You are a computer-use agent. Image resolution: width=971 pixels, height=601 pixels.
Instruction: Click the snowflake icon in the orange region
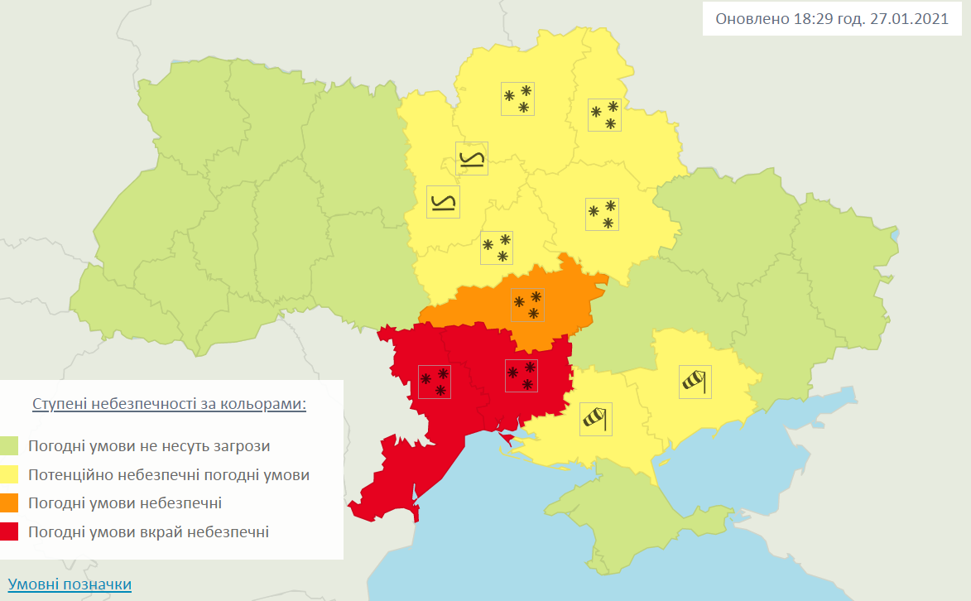527,305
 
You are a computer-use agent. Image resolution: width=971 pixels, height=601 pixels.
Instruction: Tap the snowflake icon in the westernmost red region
435,381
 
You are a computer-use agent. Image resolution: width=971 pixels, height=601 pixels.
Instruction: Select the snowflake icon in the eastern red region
522,375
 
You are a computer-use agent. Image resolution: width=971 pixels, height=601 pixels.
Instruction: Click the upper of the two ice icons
472,159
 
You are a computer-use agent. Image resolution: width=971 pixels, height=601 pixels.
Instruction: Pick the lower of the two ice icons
443,202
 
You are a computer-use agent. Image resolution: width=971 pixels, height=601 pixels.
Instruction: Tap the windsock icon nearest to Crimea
595,419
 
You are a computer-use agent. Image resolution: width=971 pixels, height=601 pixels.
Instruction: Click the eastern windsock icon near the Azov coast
695,382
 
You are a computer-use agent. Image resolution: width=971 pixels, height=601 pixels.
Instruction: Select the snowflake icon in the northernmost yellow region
517,99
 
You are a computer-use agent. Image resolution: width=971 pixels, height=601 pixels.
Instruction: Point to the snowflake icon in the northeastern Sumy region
604,114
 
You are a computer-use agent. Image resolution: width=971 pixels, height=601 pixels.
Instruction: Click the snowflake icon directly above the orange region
497,248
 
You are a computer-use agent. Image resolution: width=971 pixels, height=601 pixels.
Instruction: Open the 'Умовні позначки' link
70,584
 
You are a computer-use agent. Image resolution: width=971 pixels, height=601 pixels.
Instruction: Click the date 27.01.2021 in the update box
908,19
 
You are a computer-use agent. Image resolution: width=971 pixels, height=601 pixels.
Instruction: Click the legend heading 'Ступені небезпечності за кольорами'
170,404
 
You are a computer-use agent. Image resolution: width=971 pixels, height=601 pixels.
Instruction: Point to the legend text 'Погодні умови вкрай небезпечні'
148,531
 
